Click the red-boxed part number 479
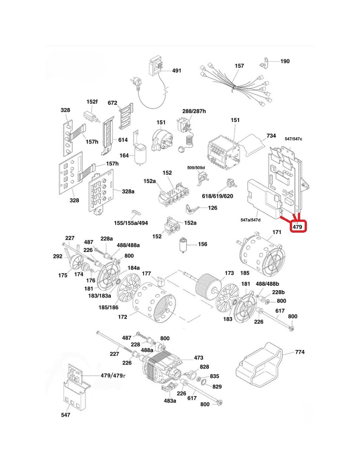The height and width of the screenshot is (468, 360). click(x=297, y=227)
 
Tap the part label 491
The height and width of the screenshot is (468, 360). click(x=177, y=71)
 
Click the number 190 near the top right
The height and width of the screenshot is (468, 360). click(x=285, y=61)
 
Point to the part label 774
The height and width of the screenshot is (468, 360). click(x=301, y=352)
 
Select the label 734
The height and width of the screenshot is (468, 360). click(x=271, y=136)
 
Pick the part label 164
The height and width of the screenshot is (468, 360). click(x=125, y=156)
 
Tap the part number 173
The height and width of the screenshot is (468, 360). click(x=229, y=273)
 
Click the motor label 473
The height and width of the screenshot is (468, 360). click(x=198, y=358)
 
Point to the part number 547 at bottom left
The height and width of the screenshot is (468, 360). click(x=66, y=415)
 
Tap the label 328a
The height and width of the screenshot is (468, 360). click(x=128, y=191)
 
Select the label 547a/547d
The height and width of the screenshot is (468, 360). click(x=251, y=219)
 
